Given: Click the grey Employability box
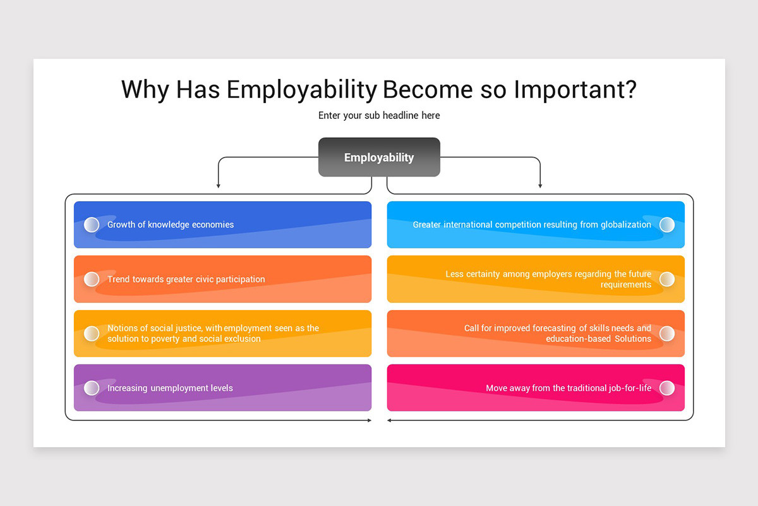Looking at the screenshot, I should [x=379, y=157].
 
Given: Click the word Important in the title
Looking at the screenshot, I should [x=574, y=90].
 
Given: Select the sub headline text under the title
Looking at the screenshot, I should [x=379, y=116].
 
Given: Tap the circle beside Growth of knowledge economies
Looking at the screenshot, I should [x=92, y=225].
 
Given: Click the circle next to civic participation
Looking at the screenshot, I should [x=92, y=279].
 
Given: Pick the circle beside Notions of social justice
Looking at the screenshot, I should [x=92, y=333].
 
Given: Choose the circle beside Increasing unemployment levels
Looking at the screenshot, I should [x=92, y=388].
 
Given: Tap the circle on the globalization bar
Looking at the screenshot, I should [x=667, y=225].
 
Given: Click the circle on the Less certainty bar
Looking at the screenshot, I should [x=667, y=279].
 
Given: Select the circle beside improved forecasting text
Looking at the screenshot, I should [x=667, y=333].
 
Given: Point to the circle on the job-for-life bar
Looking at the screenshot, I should [x=667, y=388].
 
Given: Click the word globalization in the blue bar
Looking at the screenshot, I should [x=625, y=225].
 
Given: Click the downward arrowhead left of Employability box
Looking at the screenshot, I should [x=219, y=185].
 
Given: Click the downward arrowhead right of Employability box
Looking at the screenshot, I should [x=540, y=185].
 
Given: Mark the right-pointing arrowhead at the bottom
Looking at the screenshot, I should [x=370, y=420].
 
